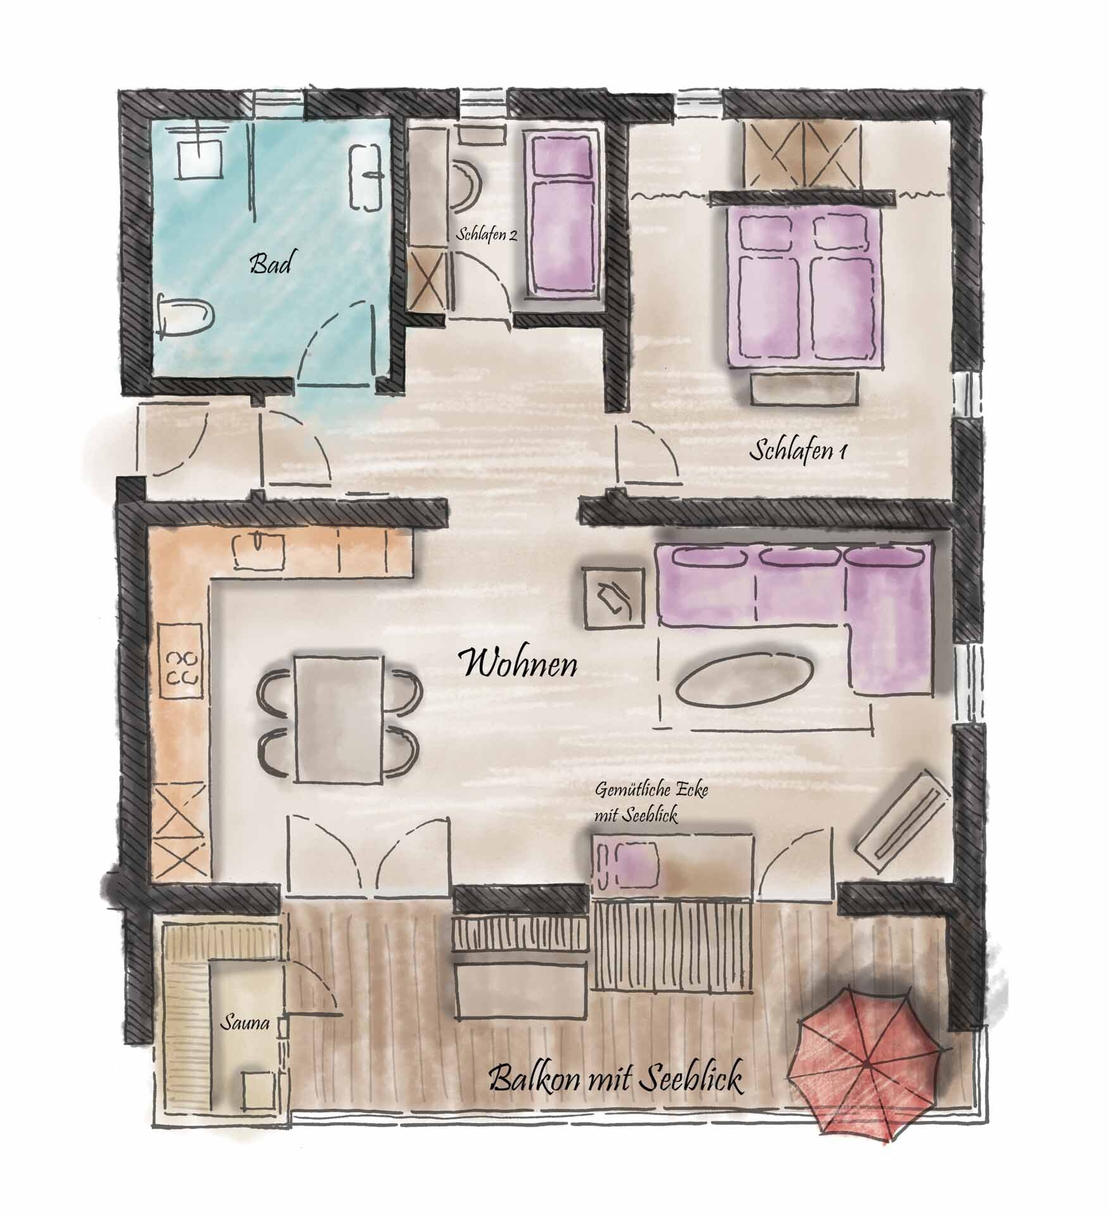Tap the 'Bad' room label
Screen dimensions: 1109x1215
tap(270, 264)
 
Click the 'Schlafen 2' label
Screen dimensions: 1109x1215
tap(486, 235)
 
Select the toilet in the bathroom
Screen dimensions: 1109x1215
tap(187, 315)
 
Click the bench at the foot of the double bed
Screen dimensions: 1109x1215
tap(806, 387)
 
